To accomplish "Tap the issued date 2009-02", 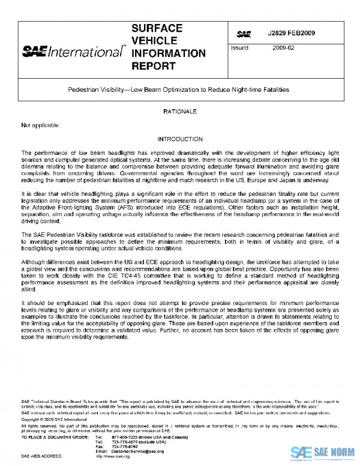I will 283,47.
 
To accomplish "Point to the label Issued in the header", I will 239,47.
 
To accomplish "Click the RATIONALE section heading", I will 179,112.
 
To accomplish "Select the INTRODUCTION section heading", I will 179,139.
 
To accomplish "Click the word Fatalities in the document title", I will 275,89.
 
